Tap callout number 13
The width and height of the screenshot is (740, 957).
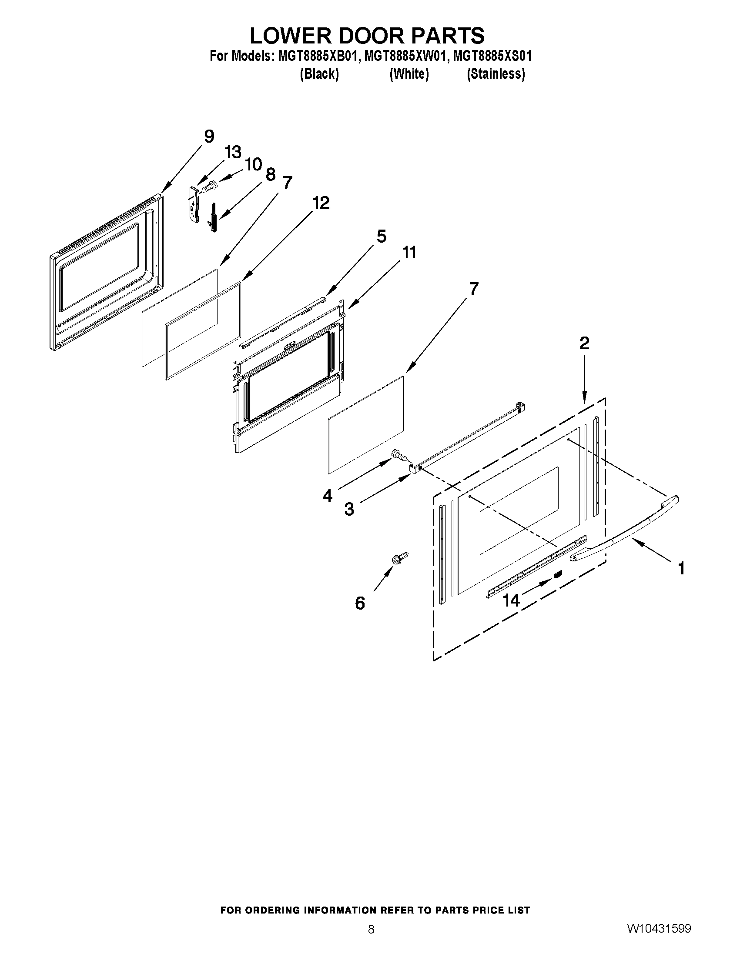coord(233,153)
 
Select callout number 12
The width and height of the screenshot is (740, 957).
coord(321,203)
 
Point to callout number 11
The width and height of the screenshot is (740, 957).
coord(409,253)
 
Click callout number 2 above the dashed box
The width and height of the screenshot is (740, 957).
coord(584,343)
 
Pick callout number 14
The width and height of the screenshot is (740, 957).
coord(511,600)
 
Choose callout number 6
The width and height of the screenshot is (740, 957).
coord(359,604)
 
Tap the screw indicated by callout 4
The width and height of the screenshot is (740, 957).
coord(400,455)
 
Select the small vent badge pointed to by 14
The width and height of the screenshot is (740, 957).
coord(558,574)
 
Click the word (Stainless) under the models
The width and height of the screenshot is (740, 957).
coord(496,74)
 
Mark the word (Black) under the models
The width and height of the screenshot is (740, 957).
coord(319,74)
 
